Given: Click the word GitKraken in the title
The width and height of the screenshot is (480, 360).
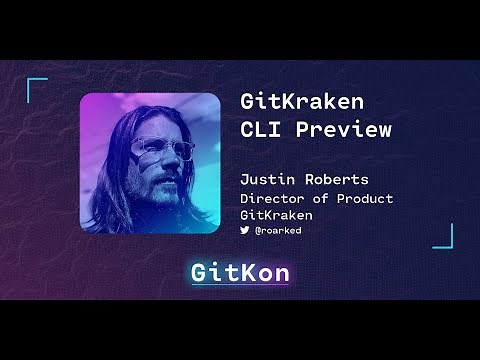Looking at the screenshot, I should [302, 102].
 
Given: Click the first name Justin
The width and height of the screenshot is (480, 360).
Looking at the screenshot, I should [266, 181].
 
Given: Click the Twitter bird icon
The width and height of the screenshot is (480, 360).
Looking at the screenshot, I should [245, 230].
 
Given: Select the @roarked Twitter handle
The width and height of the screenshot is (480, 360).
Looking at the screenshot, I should [279, 230].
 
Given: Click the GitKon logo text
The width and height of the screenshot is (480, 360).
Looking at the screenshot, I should [240, 272].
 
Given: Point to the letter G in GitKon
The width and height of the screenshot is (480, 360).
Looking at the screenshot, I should [200, 272].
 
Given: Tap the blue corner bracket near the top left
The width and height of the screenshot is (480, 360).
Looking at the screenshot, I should [36, 88].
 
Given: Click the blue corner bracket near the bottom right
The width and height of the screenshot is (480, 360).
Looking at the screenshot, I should [443, 236].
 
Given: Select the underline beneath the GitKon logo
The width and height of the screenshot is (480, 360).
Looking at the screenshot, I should [240, 288].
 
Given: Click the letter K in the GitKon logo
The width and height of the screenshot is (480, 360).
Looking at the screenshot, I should [246, 272].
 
